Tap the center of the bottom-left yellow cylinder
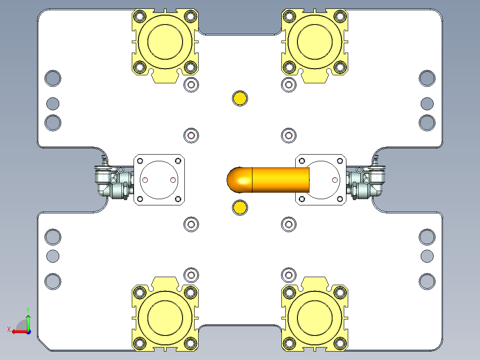click(x=165, y=317)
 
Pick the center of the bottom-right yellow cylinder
click(x=315, y=317)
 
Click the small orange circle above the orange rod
click(x=240, y=98)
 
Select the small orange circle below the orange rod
click(x=240, y=207)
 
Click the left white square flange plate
click(x=159, y=180)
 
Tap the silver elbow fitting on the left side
click(x=107, y=182)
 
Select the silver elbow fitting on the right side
click(x=373, y=182)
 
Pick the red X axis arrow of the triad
click(x=17, y=331)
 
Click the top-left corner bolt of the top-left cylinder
click(x=140, y=16)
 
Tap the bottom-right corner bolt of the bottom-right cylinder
click(x=340, y=343)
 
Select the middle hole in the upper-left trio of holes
click(x=53, y=103)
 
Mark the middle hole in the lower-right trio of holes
click(x=427, y=256)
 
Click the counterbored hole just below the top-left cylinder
click(x=191, y=85)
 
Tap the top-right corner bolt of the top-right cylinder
click(x=340, y=16)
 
